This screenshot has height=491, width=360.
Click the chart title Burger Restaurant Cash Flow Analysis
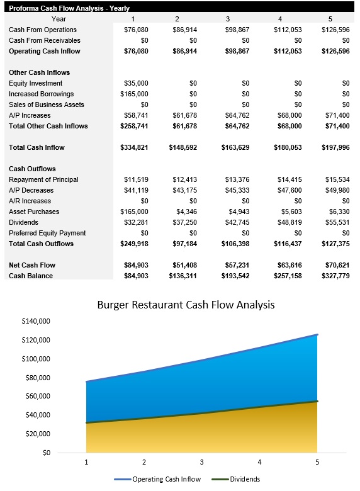click(x=186, y=305)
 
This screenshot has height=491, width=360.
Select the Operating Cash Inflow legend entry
click(x=167, y=479)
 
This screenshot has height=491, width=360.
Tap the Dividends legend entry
click(x=245, y=479)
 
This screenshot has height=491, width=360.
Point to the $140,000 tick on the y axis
click(x=36, y=321)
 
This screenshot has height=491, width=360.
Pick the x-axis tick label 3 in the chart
click(x=201, y=462)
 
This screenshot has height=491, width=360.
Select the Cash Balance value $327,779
click(x=335, y=276)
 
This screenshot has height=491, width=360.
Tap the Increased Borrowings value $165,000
click(x=134, y=94)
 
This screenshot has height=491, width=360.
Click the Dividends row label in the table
click(x=23, y=222)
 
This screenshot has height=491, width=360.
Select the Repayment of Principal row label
click(x=43, y=179)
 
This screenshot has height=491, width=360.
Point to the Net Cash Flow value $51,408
click(x=183, y=265)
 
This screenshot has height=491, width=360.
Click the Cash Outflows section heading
click(x=32, y=169)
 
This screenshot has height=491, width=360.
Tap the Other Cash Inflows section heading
click(x=39, y=72)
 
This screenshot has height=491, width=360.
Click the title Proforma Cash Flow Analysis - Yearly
click(x=69, y=8)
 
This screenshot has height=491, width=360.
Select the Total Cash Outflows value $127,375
click(x=335, y=244)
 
